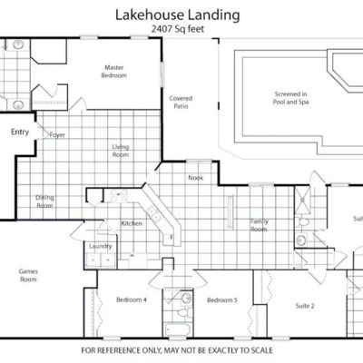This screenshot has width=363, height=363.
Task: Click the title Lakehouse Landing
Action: click(x=178, y=15)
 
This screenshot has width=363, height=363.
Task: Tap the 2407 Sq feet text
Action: click(x=178, y=29)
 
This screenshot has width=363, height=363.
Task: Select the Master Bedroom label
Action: click(x=114, y=72)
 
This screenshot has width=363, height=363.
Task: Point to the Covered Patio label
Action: click(x=181, y=103)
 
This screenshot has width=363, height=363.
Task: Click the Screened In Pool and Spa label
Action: click(x=290, y=98)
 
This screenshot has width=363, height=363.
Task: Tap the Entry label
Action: click(x=20, y=132)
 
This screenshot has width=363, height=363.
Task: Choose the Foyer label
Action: click(x=57, y=135)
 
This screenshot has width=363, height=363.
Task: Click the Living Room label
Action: click(x=121, y=151)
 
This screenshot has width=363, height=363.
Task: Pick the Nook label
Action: click(x=196, y=178)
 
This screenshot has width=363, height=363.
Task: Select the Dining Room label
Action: click(x=44, y=201)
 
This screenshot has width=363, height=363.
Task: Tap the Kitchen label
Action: click(x=132, y=223)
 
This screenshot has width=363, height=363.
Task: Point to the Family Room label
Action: click(x=259, y=225)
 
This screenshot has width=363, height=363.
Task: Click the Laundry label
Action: click(x=100, y=246)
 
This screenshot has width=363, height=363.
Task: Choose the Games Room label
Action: click(x=28, y=275)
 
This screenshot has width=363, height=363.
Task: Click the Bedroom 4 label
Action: click(x=132, y=299)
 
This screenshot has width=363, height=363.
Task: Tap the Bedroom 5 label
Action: click(x=222, y=300)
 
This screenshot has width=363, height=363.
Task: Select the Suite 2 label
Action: click(x=305, y=306)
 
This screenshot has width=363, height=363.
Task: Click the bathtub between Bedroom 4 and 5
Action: click(x=177, y=329)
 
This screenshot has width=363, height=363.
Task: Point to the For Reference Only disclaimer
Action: click(x=177, y=350)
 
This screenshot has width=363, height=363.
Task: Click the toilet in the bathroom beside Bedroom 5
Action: click(x=183, y=311)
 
